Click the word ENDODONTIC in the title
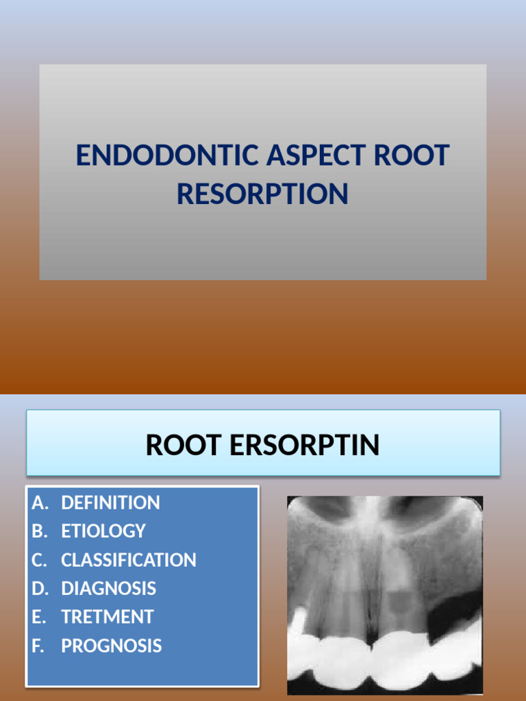tap(167, 156)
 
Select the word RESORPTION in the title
tap(262, 194)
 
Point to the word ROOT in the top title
tap(412, 156)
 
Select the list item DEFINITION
tap(110, 502)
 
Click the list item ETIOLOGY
tap(103, 531)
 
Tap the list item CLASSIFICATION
tap(128, 560)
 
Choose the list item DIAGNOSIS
tap(108, 588)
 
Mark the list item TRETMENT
tap(107, 617)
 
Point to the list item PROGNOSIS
tap(111, 646)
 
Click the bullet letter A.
tap(40, 502)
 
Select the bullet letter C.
tap(39, 560)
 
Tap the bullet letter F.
tap(38, 646)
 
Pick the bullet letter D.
tap(40, 588)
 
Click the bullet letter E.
tap(38, 617)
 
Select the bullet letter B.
tap(39, 531)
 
